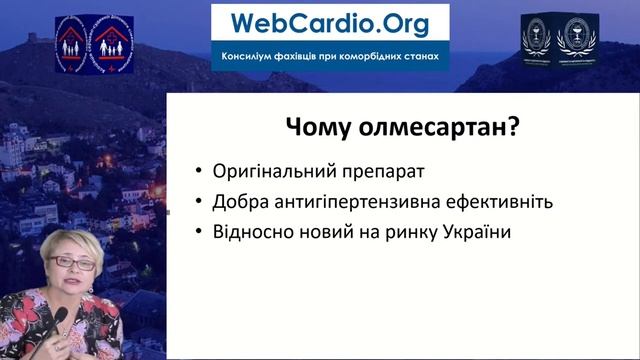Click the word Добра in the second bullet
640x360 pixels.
tap(239, 202)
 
